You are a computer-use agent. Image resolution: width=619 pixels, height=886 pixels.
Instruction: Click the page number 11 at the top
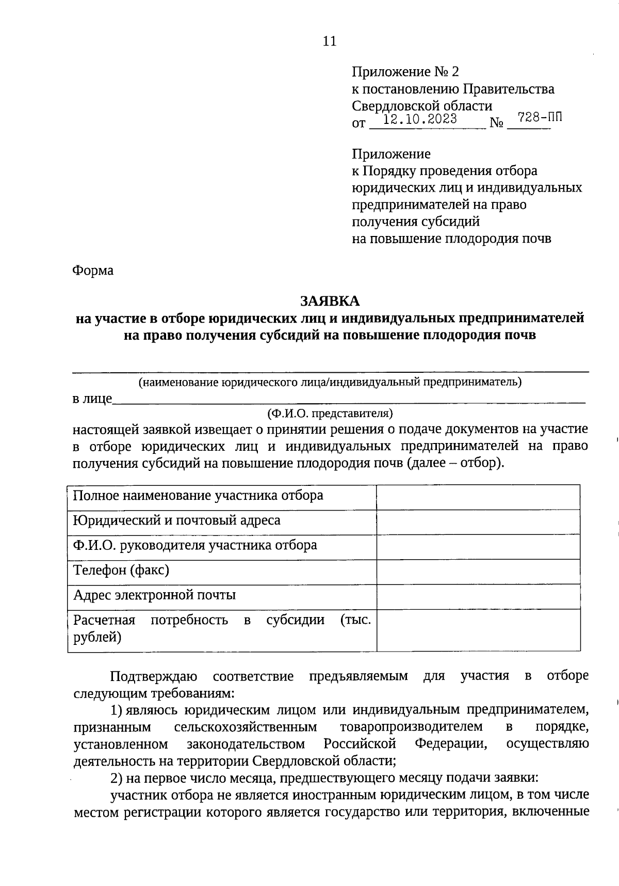329,42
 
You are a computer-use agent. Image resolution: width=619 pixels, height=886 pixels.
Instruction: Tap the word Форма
93,271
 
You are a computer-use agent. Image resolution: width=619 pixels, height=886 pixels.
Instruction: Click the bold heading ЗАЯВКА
330,300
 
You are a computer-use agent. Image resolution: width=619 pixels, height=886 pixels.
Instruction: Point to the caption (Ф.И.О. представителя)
330,414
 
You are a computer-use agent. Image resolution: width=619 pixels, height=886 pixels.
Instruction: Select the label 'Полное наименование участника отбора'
198,496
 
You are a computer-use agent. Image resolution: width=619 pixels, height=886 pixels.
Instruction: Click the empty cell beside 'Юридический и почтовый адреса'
478,522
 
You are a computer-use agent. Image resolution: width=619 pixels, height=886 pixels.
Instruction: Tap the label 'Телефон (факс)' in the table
121,570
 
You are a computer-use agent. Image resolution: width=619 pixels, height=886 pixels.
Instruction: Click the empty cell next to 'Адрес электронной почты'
478,596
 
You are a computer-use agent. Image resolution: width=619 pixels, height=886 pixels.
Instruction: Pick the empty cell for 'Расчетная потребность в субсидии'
478,630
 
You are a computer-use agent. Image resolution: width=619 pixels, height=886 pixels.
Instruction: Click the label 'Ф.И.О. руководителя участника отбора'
195,545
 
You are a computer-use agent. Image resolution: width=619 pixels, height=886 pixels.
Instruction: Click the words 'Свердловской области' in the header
421,106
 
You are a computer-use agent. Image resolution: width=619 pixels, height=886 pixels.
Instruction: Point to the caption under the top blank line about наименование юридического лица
330,383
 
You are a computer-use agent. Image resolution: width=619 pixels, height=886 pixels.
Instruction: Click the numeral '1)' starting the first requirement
117,710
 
